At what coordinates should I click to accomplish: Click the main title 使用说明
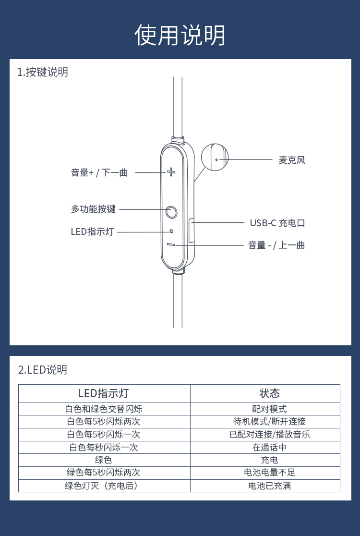pos(180,35)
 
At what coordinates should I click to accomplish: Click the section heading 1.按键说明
pos(43,72)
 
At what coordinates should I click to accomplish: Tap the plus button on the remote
pos(171,171)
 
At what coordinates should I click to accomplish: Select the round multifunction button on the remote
pos(171,212)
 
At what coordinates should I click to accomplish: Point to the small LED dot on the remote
pos(171,231)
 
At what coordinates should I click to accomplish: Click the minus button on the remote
pos(171,244)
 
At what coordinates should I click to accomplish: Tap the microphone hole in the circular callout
pos(216,159)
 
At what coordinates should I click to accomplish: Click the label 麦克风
pos(292,160)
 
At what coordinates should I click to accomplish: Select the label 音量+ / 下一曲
pos(99,172)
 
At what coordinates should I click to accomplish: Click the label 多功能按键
pos(93,209)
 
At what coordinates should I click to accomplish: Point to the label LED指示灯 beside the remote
pos(92,231)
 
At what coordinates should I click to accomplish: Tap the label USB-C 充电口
pos(277,223)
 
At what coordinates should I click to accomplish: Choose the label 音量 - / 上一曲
pos(276,245)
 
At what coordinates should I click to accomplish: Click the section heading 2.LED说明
pos(43,369)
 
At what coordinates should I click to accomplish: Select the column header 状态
pos(269,393)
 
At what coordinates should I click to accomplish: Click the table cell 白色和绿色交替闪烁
pos(104,409)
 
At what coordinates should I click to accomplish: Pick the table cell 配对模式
pos(269,409)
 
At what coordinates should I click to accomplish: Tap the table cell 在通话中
pos(269,447)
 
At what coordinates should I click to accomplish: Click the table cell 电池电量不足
pos(269,473)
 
